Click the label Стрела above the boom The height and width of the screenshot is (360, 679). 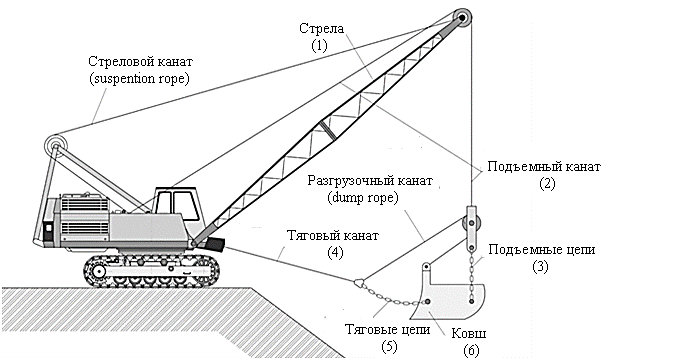(x=321, y=29)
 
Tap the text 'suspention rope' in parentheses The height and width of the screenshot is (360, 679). (x=139, y=79)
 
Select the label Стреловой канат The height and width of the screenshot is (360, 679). (x=140, y=61)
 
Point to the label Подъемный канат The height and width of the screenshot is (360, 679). (x=544, y=166)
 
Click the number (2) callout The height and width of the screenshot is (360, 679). (x=547, y=183)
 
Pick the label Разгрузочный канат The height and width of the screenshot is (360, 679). (x=370, y=180)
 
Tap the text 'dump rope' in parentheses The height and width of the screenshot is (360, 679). (x=362, y=198)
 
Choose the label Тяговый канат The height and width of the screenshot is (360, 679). (x=333, y=235)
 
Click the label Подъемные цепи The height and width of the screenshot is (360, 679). (x=542, y=250)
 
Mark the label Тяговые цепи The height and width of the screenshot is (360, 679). (x=388, y=329)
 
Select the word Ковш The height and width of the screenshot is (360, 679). (x=469, y=333)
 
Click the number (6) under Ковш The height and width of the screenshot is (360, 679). (x=471, y=350)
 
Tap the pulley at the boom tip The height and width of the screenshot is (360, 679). (x=462, y=18)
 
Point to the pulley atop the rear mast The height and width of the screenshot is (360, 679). (x=55, y=146)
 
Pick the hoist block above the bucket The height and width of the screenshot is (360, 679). (x=470, y=228)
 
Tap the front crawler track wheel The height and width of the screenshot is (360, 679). (x=99, y=272)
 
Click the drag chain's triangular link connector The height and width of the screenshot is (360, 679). (x=359, y=283)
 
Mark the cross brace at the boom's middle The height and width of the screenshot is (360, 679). (x=328, y=130)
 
